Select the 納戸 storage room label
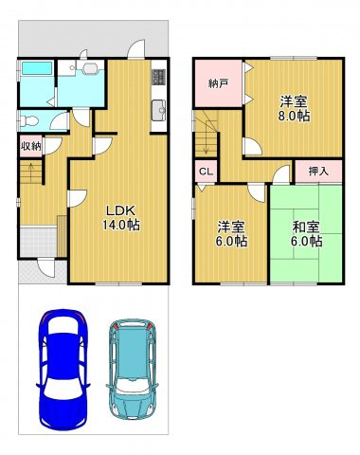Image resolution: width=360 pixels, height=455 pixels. tap(218, 83)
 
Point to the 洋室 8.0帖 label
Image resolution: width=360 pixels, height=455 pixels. tap(293, 109)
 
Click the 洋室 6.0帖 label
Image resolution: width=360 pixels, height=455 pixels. tap(231, 234)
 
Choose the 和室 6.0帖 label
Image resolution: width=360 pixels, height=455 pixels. tap(305, 234)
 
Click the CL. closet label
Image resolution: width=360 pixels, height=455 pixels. tap(205, 172)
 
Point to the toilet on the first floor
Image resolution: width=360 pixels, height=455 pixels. tap(29, 120)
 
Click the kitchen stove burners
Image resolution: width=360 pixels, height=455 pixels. tap(159, 76)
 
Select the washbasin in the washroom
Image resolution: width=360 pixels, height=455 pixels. tap(88, 69)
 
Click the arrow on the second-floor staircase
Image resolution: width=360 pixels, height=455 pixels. tap(202, 142)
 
